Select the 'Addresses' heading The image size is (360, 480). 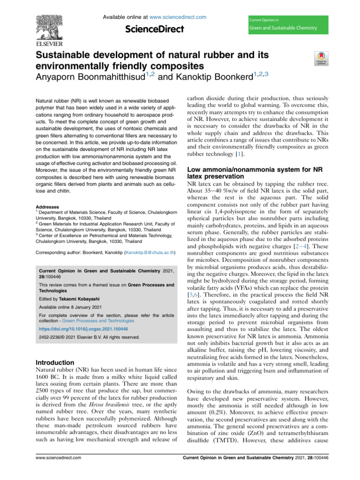[47, 206]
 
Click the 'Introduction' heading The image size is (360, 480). [55, 362]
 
